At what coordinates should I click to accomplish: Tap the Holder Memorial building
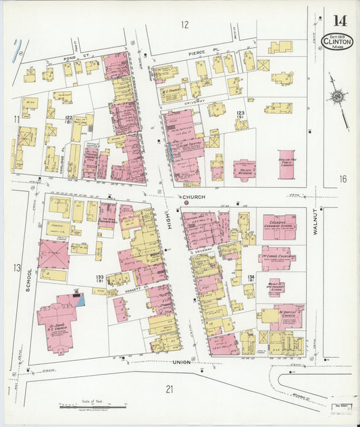[245, 169]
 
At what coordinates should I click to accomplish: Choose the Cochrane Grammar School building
[279, 227]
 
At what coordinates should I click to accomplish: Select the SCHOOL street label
[28, 279]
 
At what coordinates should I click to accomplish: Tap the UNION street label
[182, 362]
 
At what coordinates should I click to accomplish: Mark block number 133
[100, 278]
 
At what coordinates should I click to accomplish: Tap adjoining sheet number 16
[342, 179]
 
